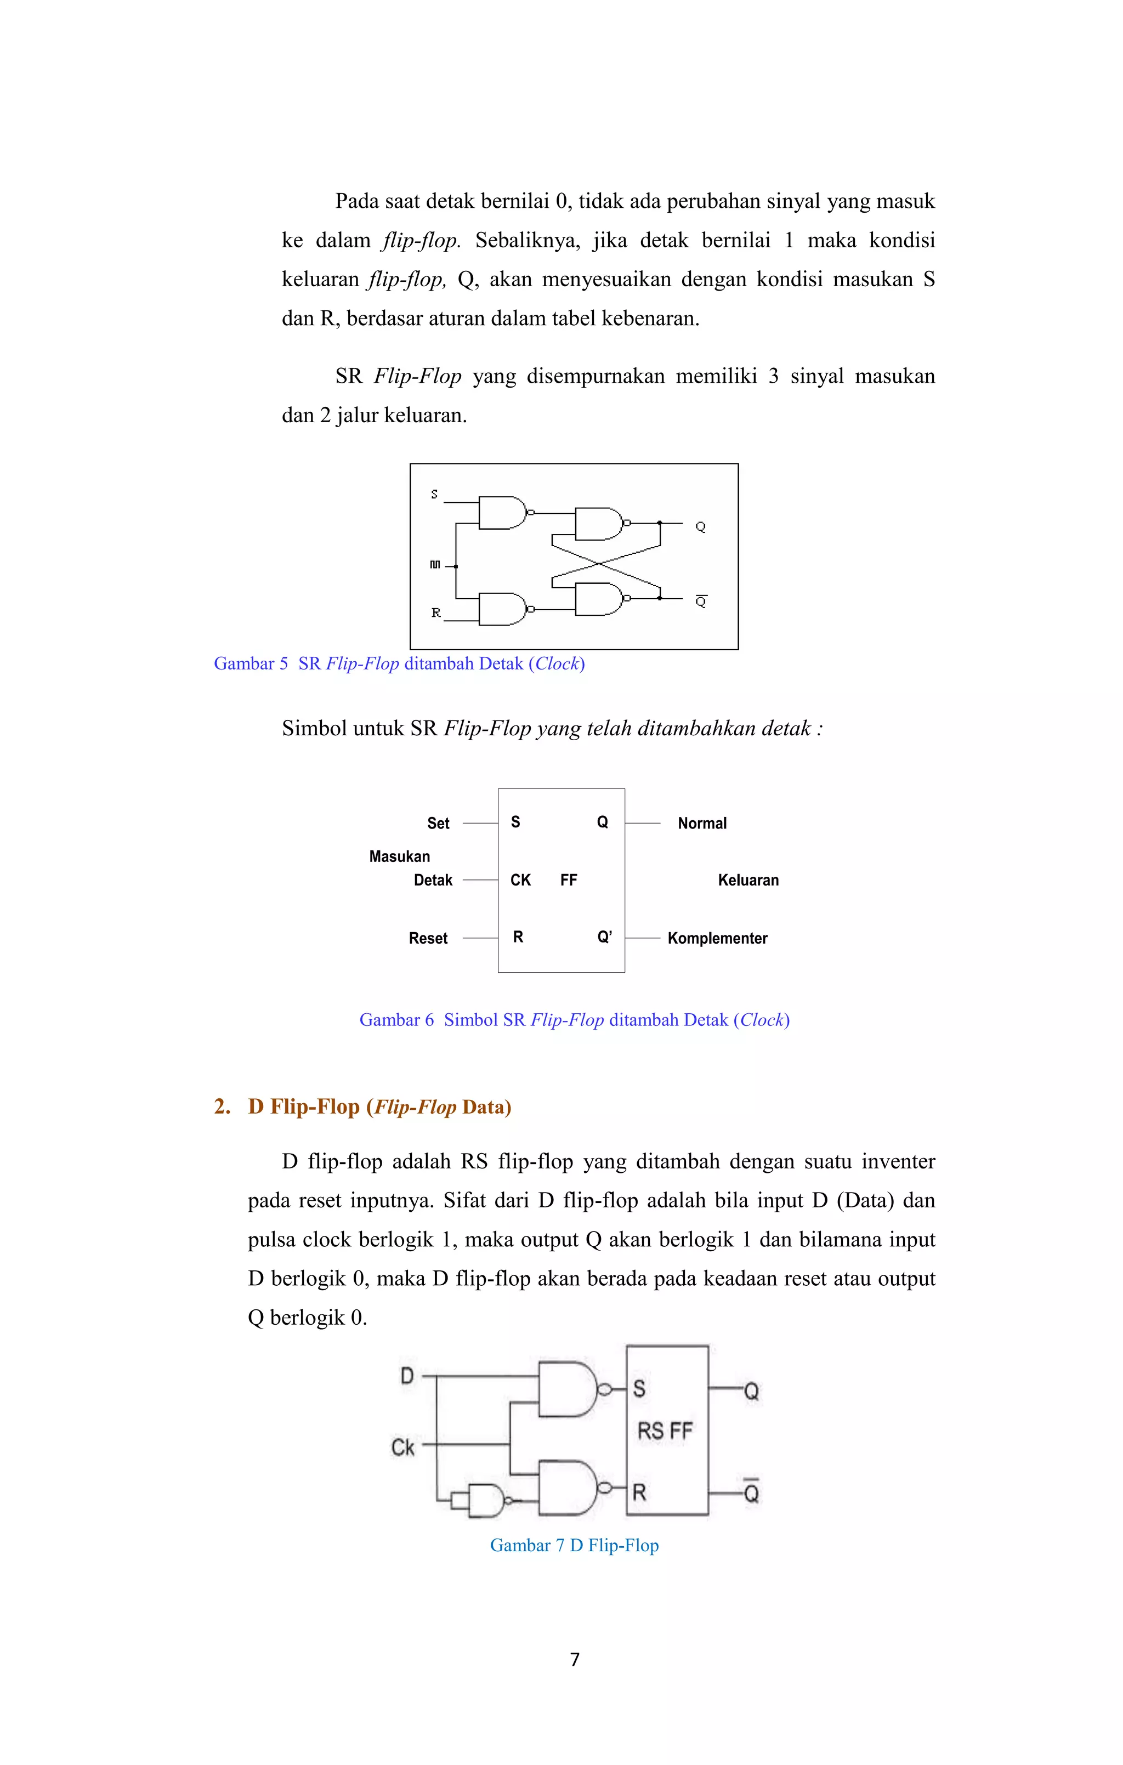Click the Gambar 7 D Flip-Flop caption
coord(574,1545)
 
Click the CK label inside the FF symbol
coord(520,879)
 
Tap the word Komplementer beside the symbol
coord(717,938)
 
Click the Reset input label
coord(428,938)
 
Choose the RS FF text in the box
coord(665,1431)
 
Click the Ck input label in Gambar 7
coord(402,1448)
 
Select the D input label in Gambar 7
coord(407,1376)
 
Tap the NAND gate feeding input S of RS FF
coord(568,1389)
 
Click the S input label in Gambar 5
coord(435,495)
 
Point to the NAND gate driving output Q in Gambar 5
coord(599,523)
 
